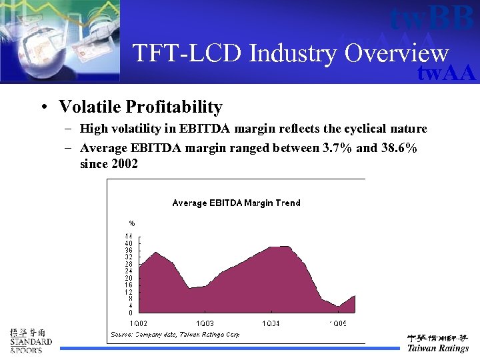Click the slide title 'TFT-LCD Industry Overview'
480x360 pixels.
(291, 53)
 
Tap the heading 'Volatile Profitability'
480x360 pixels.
(140, 107)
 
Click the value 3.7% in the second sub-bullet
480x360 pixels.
(337, 148)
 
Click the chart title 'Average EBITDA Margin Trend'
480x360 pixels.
(236, 203)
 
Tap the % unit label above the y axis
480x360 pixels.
(132, 223)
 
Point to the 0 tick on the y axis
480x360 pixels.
(131, 313)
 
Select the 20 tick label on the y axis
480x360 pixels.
(129, 278)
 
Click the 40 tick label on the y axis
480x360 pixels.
(129, 243)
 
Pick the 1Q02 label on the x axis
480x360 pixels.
(139, 323)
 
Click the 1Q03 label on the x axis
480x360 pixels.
(205, 323)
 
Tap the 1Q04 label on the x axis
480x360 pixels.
(271, 323)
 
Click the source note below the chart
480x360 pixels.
(175, 334)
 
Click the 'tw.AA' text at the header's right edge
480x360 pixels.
(446, 73)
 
